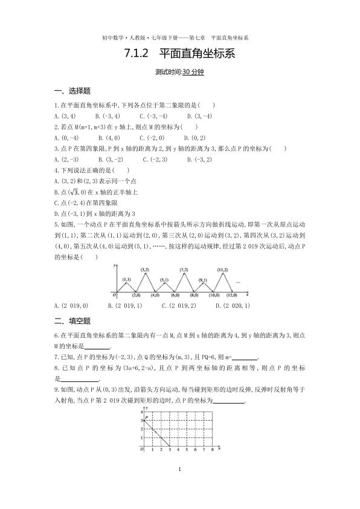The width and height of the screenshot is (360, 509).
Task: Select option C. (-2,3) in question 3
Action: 155,160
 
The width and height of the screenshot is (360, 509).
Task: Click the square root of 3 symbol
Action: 76,192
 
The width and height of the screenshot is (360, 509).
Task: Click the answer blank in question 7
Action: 227,357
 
